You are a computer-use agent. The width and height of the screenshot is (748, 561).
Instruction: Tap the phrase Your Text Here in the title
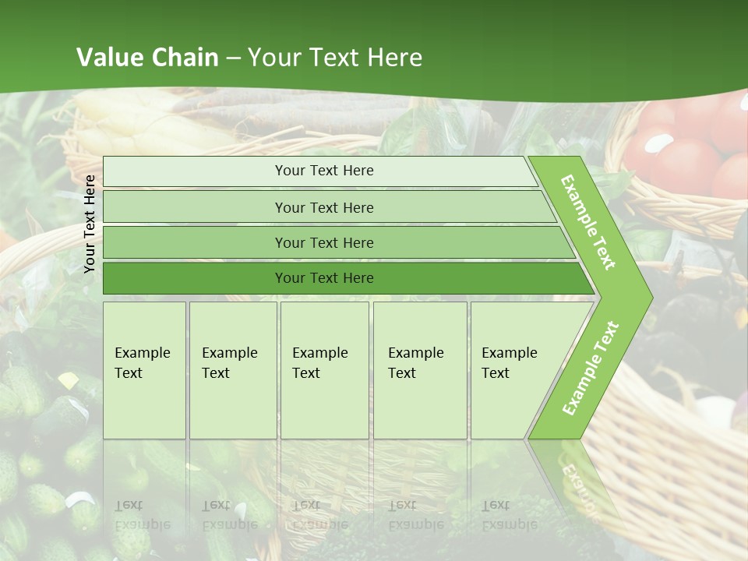[x=335, y=58]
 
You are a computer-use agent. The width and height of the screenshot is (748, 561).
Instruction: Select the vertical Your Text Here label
[x=90, y=224]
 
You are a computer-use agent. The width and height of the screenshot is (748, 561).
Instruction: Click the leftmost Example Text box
[x=144, y=370]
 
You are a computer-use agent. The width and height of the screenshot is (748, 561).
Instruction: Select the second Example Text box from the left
[x=233, y=370]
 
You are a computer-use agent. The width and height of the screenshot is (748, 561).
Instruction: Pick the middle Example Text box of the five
[x=324, y=370]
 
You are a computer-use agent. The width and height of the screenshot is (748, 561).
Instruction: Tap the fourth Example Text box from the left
[x=420, y=370]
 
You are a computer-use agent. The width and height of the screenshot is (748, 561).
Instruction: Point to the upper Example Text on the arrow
[x=588, y=222]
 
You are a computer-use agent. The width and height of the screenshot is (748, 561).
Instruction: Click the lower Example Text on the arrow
[x=591, y=368]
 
